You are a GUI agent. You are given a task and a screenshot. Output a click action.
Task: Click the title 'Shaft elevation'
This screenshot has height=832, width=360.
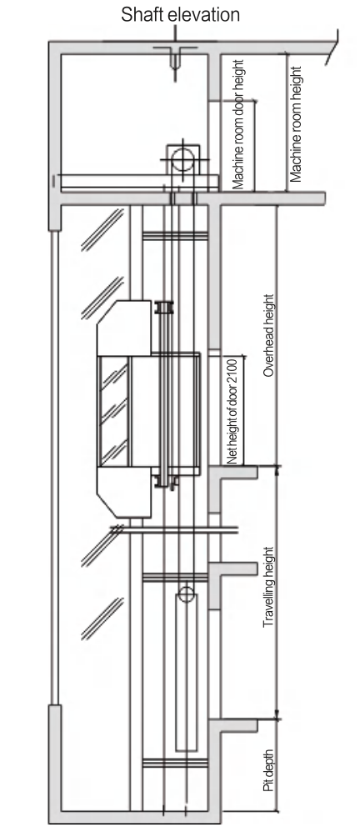[x=180, y=14]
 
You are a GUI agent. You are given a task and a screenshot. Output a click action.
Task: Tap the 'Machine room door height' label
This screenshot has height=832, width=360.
[x=238, y=124]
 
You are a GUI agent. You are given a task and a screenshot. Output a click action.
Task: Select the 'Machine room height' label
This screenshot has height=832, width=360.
[x=296, y=124]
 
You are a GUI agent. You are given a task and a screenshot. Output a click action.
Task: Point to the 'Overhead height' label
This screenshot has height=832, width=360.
[x=269, y=335]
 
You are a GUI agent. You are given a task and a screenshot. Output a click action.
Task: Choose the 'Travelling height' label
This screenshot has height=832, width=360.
[x=269, y=588]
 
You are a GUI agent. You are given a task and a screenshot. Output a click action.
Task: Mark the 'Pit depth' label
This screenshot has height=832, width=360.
[x=269, y=771]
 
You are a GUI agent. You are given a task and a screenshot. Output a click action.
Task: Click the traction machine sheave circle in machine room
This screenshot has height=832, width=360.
[x=182, y=158]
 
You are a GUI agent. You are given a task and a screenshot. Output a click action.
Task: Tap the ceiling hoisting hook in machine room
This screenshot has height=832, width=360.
[x=174, y=58]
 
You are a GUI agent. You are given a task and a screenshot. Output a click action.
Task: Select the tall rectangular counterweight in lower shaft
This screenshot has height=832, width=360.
[x=186, y=672]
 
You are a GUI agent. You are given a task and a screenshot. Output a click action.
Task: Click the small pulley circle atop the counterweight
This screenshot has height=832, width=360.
[x=186, y=594]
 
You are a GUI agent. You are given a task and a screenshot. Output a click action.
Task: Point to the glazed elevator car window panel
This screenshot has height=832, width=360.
[x=114, y=411]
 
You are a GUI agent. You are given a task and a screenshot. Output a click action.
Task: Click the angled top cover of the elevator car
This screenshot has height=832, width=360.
[x=124, y=328]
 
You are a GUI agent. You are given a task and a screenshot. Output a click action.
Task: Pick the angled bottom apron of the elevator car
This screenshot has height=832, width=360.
[x=124, y=492]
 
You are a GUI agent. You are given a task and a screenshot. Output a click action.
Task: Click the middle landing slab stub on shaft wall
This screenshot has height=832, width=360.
[x=233, y=569]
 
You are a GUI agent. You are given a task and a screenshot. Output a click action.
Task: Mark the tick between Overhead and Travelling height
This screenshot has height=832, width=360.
[x=277, y=466]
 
